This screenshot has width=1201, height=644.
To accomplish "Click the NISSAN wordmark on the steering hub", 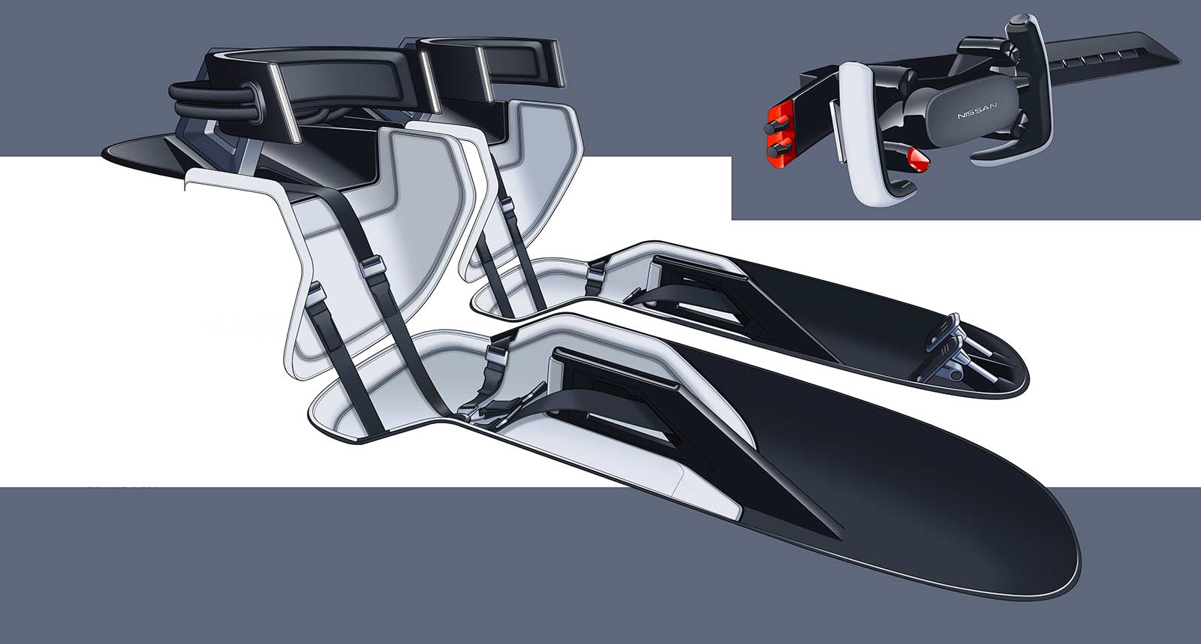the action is point(977,110).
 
